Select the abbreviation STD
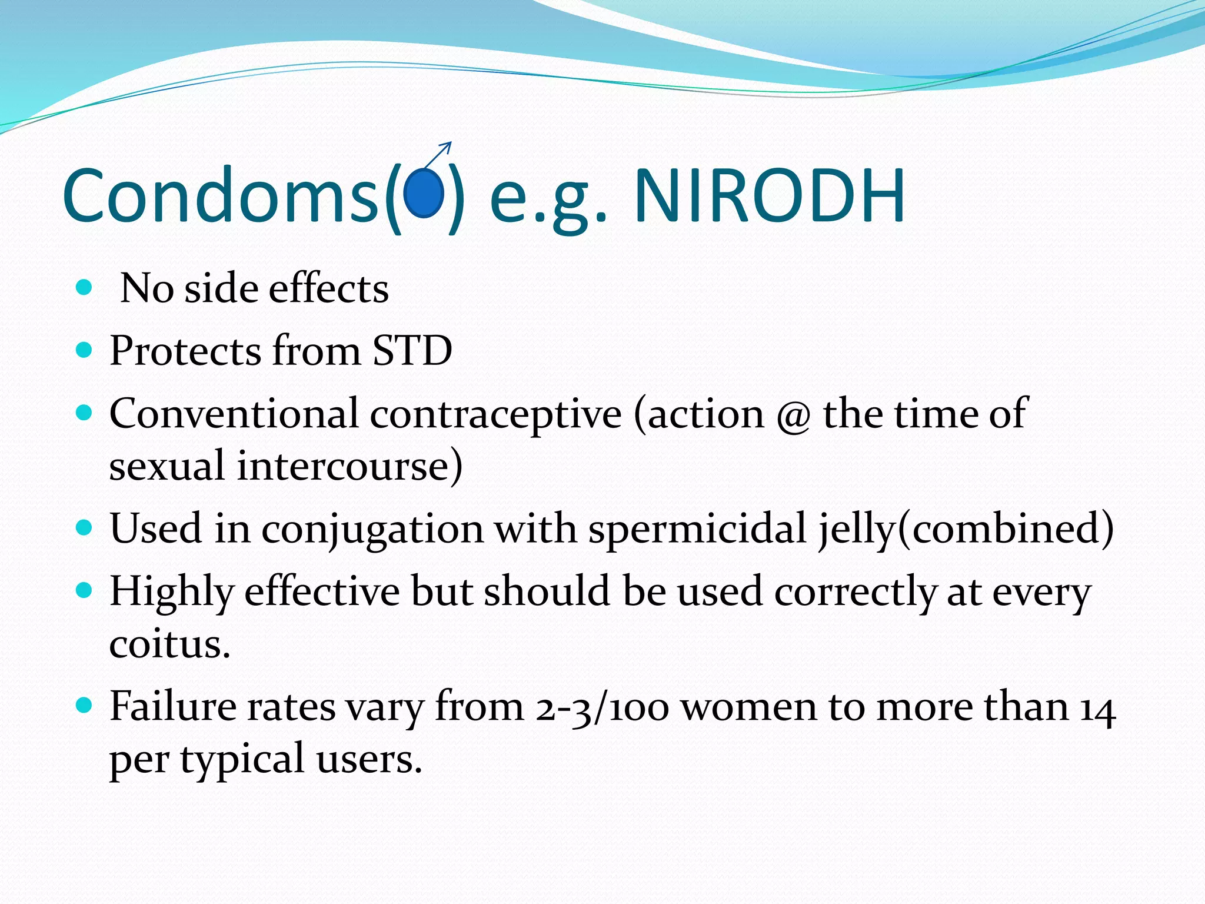point(412,351)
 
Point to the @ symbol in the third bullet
point(793,415)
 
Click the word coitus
point(169,644)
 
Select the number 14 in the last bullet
point(1097,707)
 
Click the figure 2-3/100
point(601,707)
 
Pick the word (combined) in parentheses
point(1005,528)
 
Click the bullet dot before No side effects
point(85,288)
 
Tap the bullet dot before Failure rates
point(85,704)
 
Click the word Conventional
point(234,413)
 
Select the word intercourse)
point(349,466)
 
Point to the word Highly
point(172,592)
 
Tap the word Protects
point(185,351)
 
